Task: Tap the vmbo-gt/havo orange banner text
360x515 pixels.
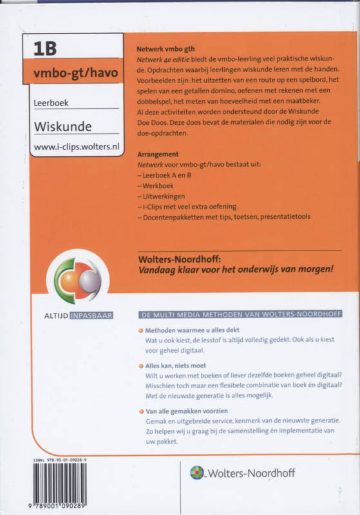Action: click(x=76, y=71)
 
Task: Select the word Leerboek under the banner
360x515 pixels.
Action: click(x=52, y=102)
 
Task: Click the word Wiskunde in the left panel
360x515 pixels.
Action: click(x=62, y=126)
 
